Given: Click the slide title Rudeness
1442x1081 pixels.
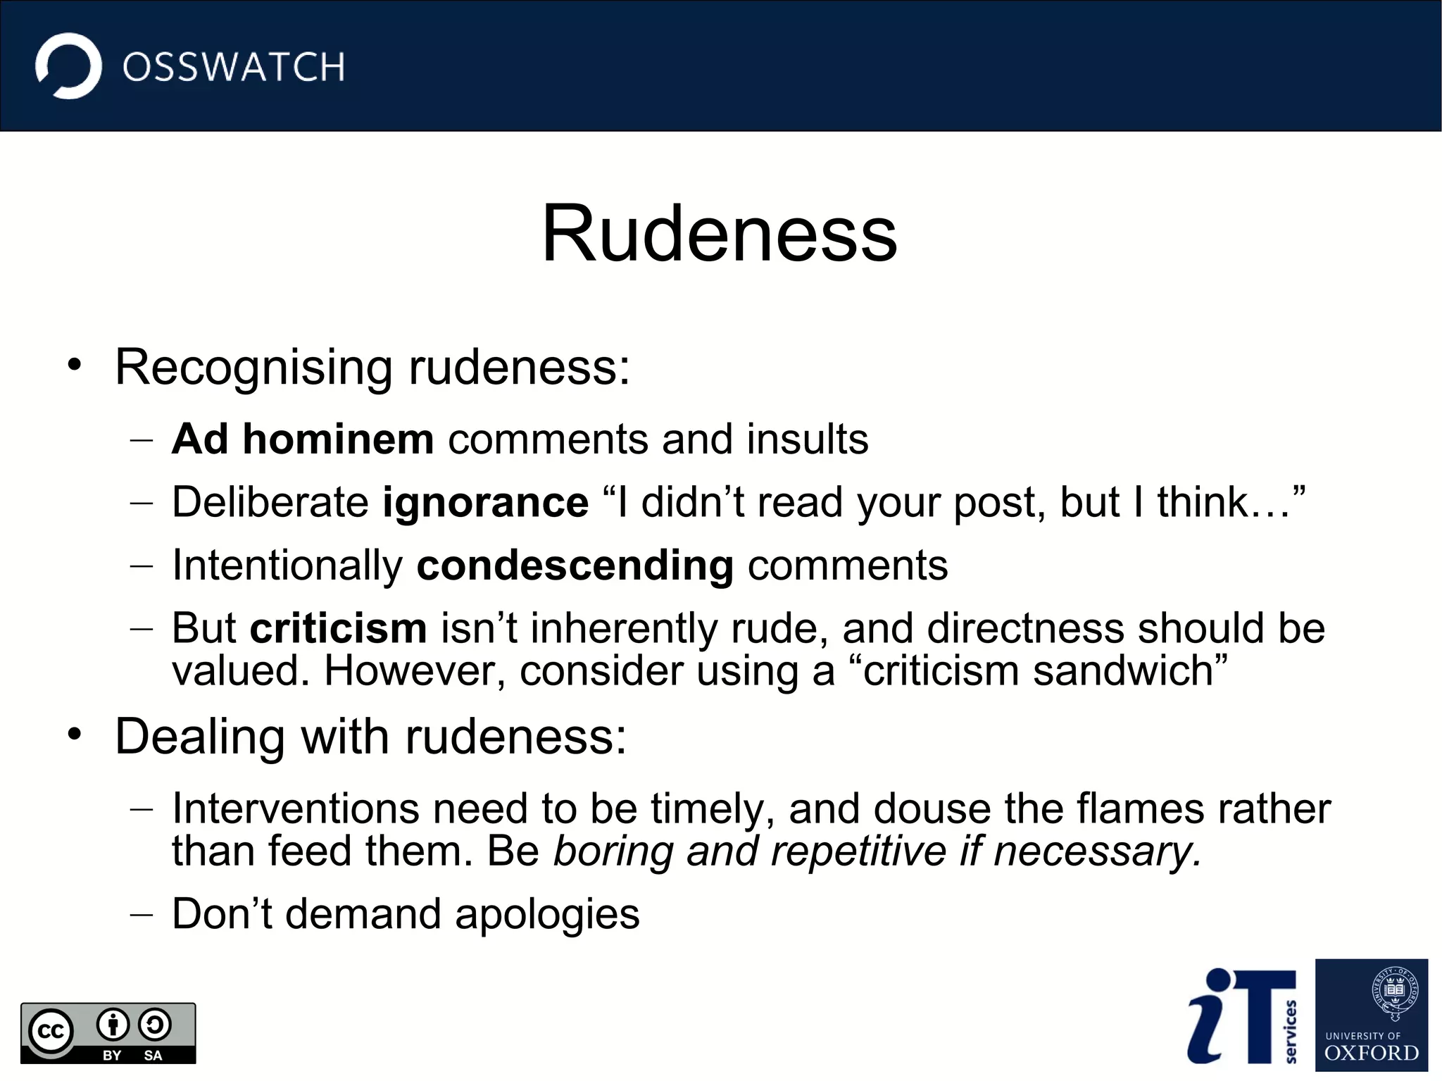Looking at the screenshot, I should [719, 234].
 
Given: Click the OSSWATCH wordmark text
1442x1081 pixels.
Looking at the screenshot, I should [233, 68].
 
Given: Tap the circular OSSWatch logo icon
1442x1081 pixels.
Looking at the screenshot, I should [68, 66].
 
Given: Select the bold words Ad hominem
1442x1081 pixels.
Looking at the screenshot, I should [302, 439].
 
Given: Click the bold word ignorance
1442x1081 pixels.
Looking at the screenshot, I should [485, 502].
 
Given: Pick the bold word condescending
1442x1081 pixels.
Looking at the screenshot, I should [575, 566].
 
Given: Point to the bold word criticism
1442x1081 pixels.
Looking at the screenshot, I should [338, 628].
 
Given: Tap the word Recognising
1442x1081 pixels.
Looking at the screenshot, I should [253, 367].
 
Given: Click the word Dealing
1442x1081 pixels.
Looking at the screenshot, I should [199, 737].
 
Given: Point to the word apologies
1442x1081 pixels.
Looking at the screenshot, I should [547, 914].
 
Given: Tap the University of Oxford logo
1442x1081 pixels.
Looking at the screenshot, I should [1371, 1015].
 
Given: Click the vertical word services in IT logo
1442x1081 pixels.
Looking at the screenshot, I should [1290, 1031].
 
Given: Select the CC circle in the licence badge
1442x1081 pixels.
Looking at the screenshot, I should [51, 1032].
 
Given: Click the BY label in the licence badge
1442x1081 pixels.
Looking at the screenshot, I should [112, 1055].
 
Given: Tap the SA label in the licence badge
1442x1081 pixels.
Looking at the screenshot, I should [153, 1055].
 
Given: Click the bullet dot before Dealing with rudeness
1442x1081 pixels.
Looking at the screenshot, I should [75, 735].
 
